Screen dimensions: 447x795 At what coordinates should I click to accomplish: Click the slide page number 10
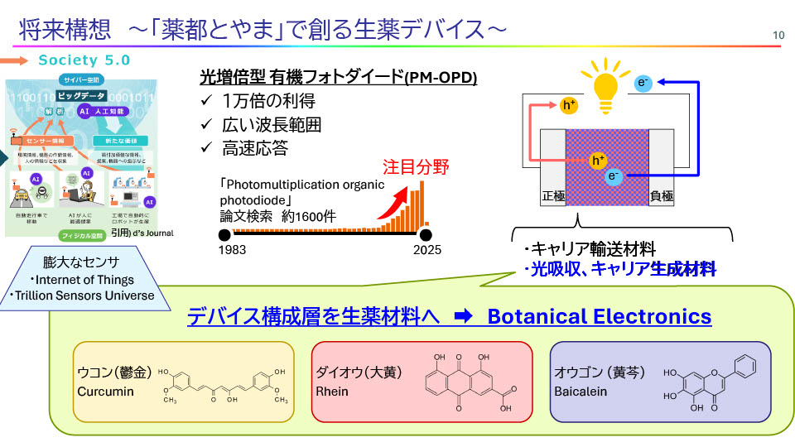pos(778,35)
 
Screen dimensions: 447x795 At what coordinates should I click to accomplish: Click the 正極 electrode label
pos(552,196)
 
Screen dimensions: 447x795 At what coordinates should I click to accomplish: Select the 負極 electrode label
pos(662,196)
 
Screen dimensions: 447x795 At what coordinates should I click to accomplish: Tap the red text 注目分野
pos(415,167)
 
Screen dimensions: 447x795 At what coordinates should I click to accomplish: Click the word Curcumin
pos(105,391)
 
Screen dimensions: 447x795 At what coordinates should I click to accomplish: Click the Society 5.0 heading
pos(84,60)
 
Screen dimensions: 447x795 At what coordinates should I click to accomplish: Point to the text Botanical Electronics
pos(600,316)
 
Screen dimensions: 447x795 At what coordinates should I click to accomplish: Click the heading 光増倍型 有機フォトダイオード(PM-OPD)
pos(339,78)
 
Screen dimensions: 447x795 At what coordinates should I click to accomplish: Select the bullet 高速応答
pos(255,149)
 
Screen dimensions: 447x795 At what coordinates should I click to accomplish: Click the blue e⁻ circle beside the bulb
pos(643,82)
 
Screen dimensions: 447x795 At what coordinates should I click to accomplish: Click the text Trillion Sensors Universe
pos(82,296)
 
